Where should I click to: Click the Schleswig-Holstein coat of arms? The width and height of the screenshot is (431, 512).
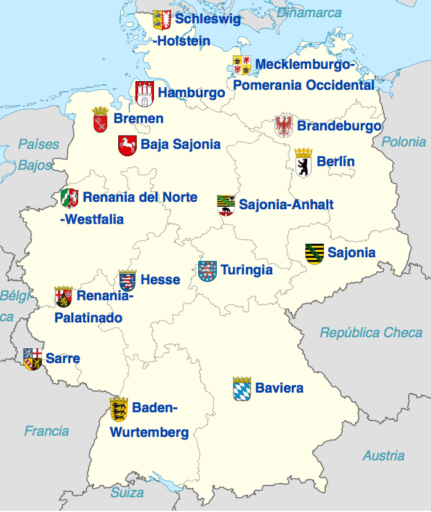point(162,19)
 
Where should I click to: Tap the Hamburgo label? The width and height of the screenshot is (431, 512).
point(191,93)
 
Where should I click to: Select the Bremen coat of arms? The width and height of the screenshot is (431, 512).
point(100,119)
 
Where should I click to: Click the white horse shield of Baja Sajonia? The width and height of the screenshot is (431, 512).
point(127,145)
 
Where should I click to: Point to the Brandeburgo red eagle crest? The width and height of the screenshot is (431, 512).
point(284,126)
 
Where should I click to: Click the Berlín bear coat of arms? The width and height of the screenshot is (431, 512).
point(304,163)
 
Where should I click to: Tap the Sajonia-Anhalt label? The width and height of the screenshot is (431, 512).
point(286,204)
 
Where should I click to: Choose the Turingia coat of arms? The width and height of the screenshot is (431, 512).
point(207,271)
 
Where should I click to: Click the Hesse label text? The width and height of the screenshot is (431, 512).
point(160,280)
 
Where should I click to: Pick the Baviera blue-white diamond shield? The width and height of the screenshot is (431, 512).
point(242,389)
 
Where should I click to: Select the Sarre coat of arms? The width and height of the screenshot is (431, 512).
point(33,358)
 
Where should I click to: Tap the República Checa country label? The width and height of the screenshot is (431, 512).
point(371,333)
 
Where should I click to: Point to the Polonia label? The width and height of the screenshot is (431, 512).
point(404,142)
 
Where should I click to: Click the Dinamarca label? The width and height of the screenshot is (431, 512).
point(310,12)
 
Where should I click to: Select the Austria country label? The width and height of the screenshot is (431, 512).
point(384,455)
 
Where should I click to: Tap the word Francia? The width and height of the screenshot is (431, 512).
point(47,431)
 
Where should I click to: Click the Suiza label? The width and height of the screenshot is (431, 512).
point(127,492)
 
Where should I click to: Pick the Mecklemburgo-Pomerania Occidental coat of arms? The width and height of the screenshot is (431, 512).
point(241,65)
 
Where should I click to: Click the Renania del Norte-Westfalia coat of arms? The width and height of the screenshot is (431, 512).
point(70,198)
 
